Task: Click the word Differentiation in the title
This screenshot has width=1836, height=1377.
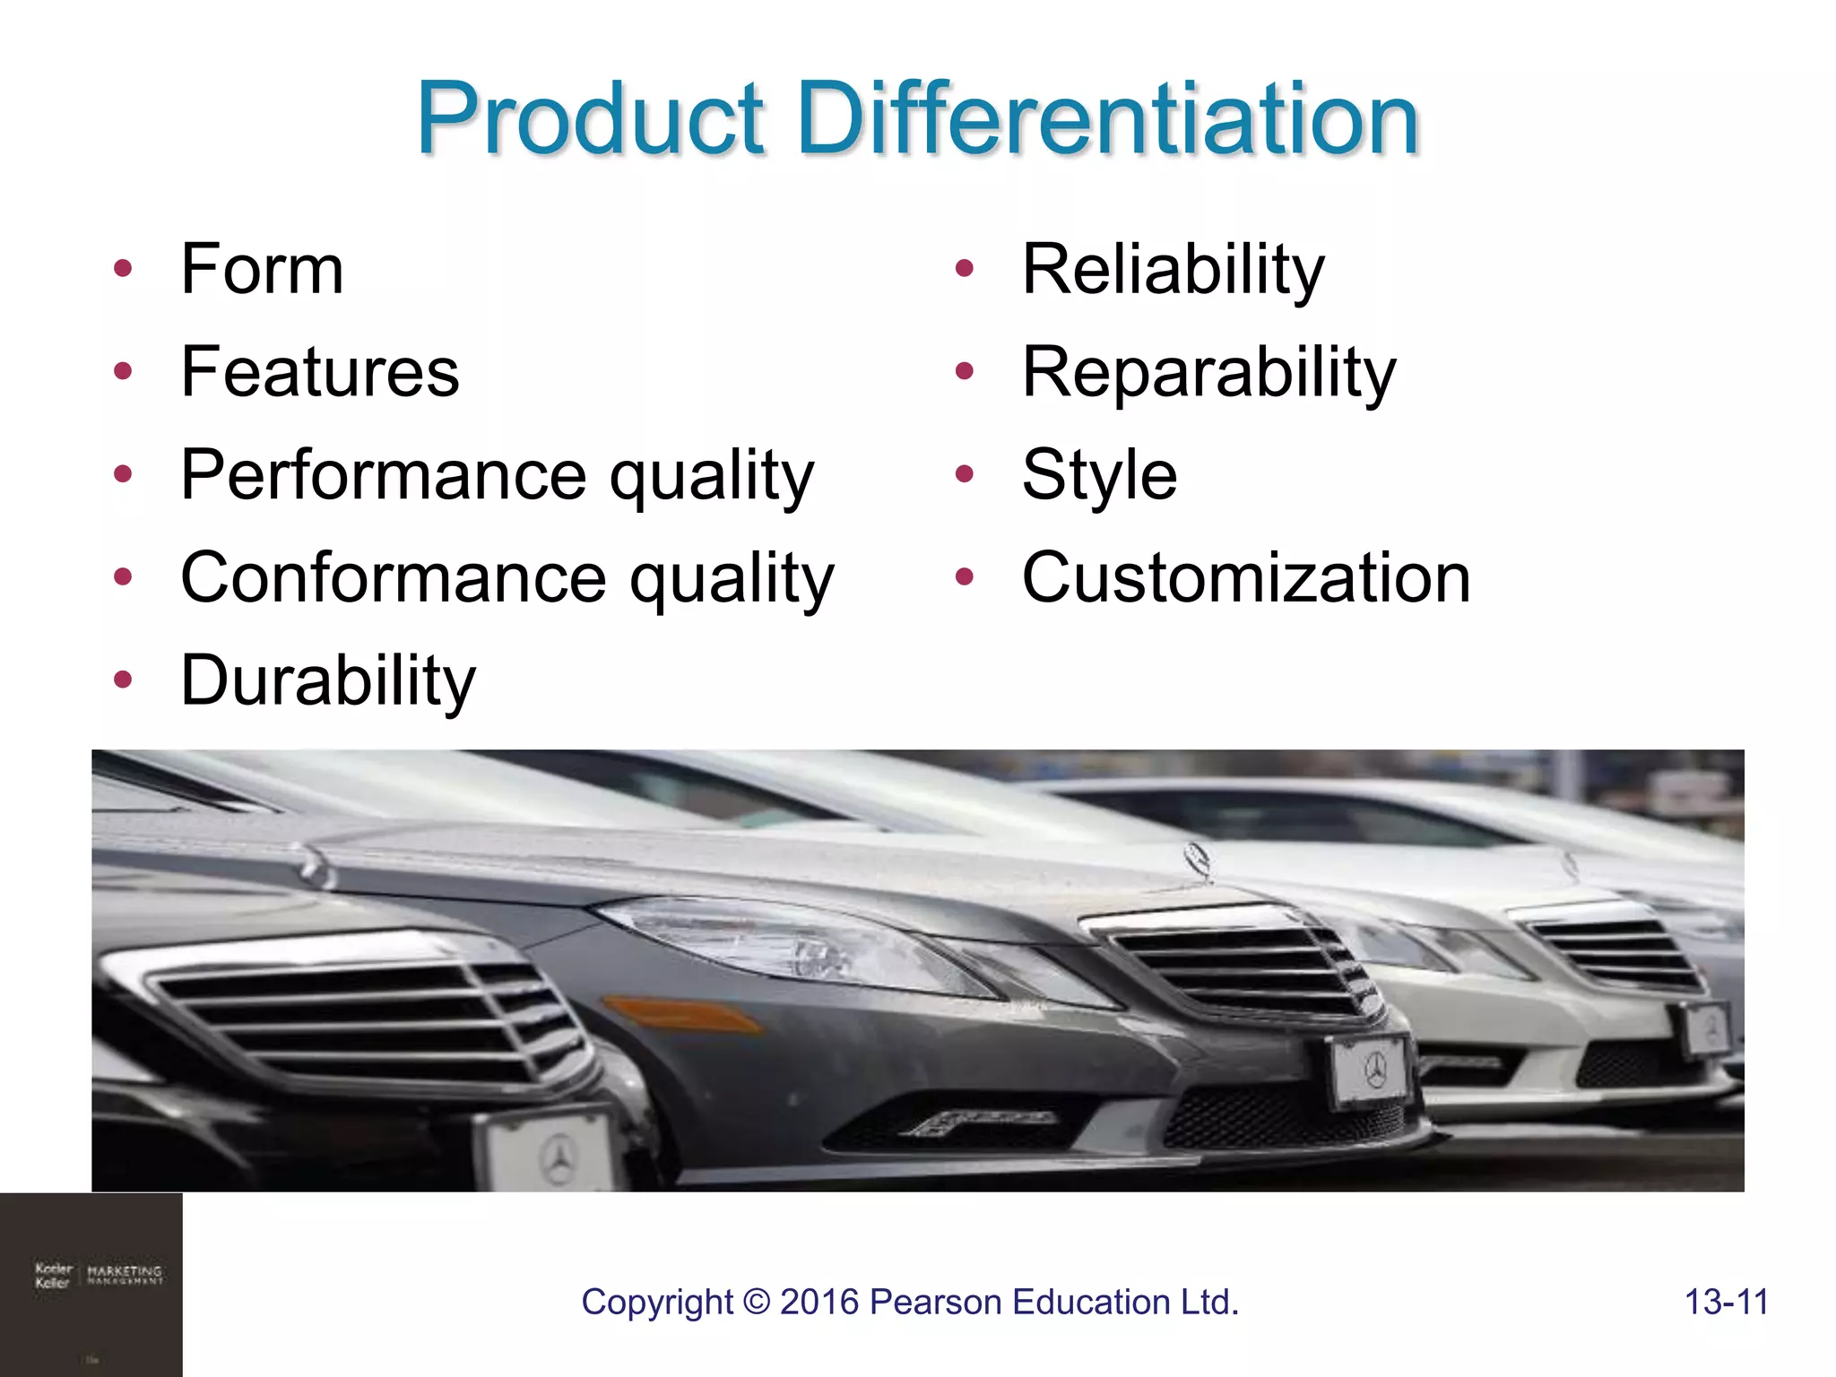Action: (x=1107, y=118)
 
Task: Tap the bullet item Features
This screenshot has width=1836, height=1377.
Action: (x=320, y=372)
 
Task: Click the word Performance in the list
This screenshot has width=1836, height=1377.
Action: (x=384, y=475)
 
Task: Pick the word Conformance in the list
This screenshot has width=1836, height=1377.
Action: (x=394, y=578)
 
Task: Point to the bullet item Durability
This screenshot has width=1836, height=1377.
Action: (x=328, y=681)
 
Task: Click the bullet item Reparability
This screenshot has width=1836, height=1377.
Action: (x=1208, y=372)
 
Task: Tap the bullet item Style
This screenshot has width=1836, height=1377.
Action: (x=1099, y=475)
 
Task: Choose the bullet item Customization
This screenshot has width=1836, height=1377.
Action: (x=1246, y=578)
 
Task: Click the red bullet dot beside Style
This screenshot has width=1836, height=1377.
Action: (x=964, y=474)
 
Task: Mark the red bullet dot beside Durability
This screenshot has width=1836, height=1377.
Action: (x=123, y=680)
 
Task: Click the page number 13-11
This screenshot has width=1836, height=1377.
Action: (x=1726, y=1302)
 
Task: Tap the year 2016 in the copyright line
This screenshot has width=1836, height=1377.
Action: (x=819, y=1302)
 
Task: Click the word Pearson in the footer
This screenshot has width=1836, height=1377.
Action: (x=936, y=1302)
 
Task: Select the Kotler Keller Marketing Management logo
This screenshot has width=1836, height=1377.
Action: (x=99, y=1275)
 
